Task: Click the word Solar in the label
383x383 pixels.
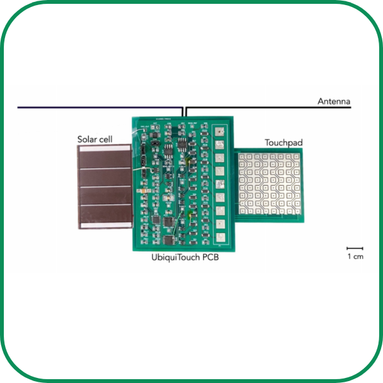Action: tap(88, 139)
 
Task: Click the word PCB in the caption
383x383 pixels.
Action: tap(215, 259)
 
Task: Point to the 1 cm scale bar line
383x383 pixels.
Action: tap(355, 248)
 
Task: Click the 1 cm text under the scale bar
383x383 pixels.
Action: tap(355, 257)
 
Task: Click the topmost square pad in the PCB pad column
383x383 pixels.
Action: tap(219, 131)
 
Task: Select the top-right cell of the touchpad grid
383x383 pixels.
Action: tap(296, 157)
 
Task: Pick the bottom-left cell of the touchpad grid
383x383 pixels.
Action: tap(244, 209)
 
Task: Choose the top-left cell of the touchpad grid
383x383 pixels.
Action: tap(244, 157)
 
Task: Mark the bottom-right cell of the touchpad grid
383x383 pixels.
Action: tap(296, 209)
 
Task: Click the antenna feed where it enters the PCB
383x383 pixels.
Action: tap(184, 115)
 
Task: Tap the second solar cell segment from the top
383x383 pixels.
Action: tap(104, 178)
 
